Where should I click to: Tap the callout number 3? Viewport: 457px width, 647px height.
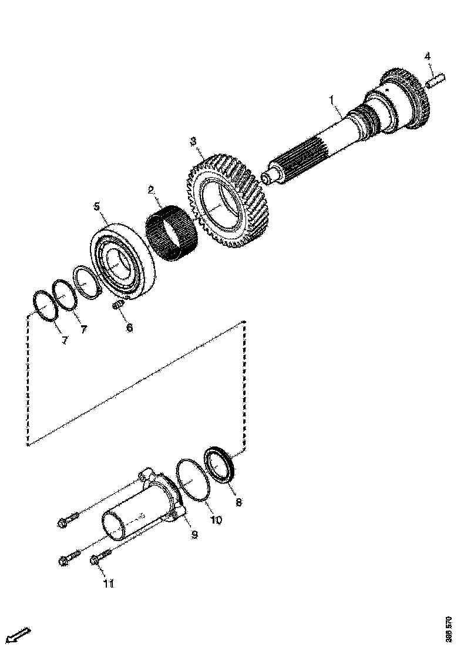coord(193,141)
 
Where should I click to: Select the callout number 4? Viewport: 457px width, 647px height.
coord(427,56)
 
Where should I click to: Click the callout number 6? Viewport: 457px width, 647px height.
coord(129,328)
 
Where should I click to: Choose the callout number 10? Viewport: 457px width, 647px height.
coord(216,520)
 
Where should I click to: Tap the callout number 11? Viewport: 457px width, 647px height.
coord(109,583)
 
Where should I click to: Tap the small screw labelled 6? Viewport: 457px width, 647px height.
coord(117,306)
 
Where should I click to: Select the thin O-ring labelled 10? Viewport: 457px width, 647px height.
coord(192,480)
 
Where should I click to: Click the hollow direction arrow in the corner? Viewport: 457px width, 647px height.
coord(17,636)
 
